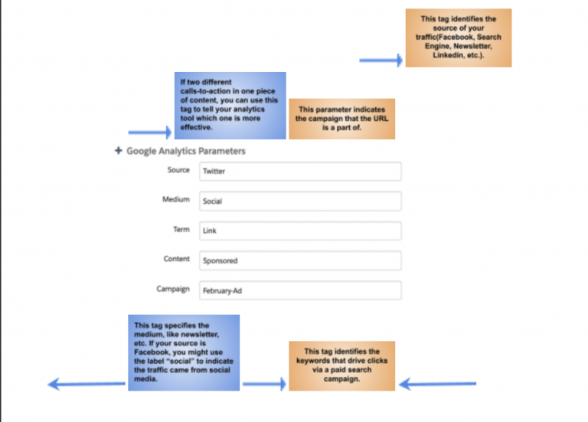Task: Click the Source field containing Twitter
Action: pos(300,172)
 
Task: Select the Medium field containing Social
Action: pos(300,201)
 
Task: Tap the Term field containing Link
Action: pos(300,231)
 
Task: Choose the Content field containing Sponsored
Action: pos(300,260)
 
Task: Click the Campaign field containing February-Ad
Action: pos(300,290)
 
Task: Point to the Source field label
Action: pos(178,170)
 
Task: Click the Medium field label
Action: pos(176,199)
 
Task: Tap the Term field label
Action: pos(181,229)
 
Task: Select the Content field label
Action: pos(177,259)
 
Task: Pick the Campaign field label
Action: pos(173,289)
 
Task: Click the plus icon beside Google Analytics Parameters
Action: pos(119,150)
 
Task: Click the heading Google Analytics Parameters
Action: pos(185,151)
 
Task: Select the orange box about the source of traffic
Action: pos(459,38)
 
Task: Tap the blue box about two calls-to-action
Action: pos(230,106)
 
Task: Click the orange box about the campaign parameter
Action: pos(342,119)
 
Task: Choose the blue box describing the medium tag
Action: pos(184,352)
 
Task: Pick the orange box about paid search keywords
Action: pos(342,366)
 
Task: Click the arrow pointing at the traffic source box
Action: pos(381,60)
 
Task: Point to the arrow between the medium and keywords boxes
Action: pos(264,384)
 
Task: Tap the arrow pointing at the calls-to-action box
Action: pos(150,132)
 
